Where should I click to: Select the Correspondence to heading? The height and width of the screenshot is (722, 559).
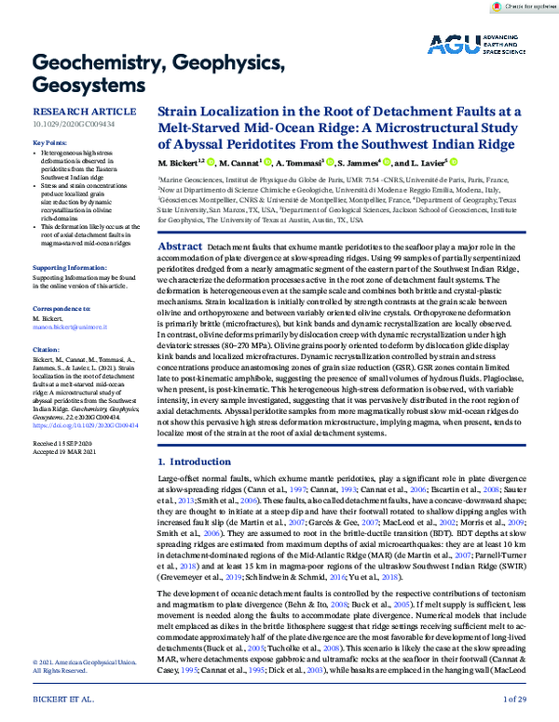point(62,306)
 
